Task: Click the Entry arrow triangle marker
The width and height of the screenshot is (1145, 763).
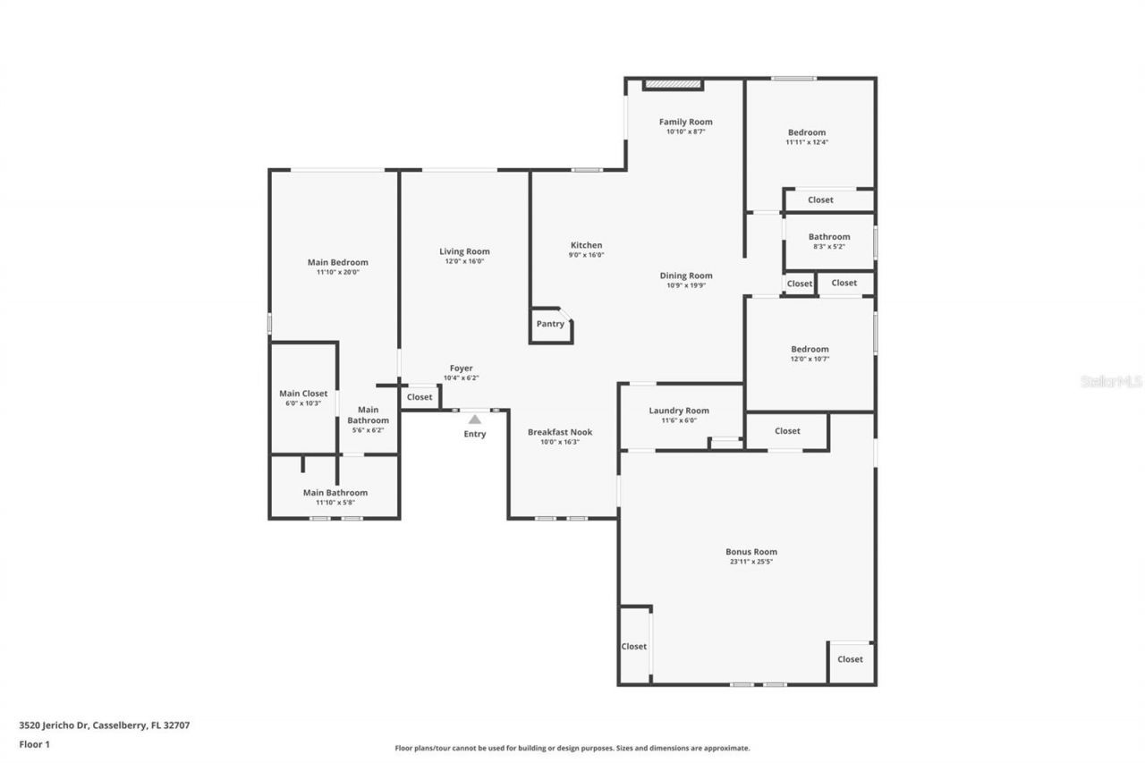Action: coord(475,419)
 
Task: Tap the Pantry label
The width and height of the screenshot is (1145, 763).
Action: coord(550,324)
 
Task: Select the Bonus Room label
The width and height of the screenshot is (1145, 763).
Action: coord(751,552)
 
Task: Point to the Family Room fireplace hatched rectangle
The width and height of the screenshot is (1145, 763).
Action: coord(673,84)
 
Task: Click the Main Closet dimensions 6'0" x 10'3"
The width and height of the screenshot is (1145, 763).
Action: coord(302,403)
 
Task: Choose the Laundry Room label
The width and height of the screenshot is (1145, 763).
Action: coord(678,411)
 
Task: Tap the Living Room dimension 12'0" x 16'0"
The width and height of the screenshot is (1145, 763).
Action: coord(464,261)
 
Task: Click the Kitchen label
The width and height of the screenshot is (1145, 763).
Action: coord(586,245)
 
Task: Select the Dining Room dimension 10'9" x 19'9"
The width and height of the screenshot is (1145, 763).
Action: coord(686,285)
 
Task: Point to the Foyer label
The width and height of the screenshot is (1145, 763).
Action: coord(461,368)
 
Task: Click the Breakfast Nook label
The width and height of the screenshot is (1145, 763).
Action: coord(559,432)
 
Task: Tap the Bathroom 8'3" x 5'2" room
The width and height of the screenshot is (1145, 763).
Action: coord(828,242)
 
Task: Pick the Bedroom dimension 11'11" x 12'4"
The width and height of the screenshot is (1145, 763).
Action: coord(806,142)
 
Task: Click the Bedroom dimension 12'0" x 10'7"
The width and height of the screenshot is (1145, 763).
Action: coord(809,359)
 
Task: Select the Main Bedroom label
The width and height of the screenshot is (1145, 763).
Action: coord(337,262)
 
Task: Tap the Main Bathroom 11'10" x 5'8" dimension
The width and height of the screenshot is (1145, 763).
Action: coord(335,503)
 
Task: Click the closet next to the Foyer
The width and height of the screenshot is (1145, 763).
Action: coord(420,397)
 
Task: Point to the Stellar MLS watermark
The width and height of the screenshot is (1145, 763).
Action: coord(1111,381)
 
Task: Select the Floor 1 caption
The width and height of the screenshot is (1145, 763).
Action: coord(34,743)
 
